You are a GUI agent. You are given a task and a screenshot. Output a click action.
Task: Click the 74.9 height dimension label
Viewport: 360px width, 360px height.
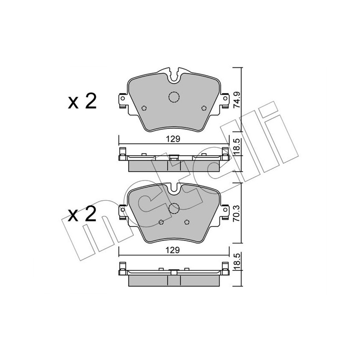(x=237, y=100)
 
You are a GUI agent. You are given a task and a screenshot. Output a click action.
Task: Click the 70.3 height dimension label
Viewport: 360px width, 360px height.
(x=237, y=213)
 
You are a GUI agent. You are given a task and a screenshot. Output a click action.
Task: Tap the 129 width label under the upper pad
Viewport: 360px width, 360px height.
(x=173, y=139)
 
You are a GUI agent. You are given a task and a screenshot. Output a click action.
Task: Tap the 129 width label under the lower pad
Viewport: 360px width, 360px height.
(x=173, y=250)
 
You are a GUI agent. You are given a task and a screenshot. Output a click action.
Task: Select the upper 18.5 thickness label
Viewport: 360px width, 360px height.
(x=237, y=147)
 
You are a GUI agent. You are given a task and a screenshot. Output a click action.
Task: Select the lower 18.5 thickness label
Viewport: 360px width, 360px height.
(x=237, y=262)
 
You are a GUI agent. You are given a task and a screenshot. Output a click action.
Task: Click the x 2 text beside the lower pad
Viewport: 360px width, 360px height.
(x=82, y=214)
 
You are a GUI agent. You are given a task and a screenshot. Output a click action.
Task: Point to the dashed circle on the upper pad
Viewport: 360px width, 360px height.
(x=174, y=97)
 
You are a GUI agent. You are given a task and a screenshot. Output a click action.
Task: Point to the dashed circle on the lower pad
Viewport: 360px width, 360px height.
(x=174, y=208)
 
